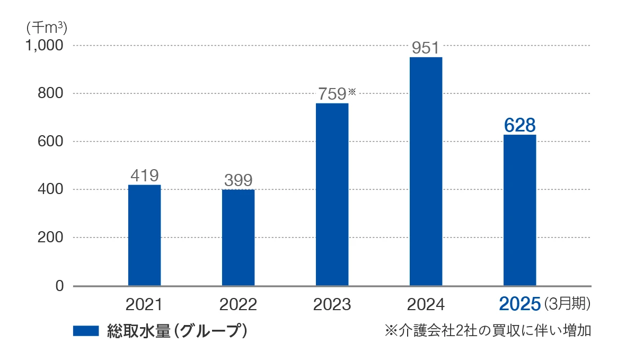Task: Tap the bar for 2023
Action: click(x=332, y=194)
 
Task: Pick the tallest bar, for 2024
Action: click(x=426, y=171)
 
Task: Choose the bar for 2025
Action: click(x=519, y=210)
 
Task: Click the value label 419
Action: click(x=144, y=175)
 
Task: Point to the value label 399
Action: click(x=238, y=180)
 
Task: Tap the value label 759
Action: click(x=332, y=94)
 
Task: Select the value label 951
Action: click(x=426, y=48)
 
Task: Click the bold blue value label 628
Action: click(x=519, y=125)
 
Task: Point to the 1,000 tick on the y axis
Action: click(x=44, y=46)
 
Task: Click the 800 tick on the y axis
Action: click(x=51, y=93)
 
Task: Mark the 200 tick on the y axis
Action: click(x=51, y=238)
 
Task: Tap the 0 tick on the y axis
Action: click(x=59, y=286)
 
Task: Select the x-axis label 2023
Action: click(x=332, y=304)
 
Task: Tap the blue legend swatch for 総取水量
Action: click(x=86, y=331)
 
